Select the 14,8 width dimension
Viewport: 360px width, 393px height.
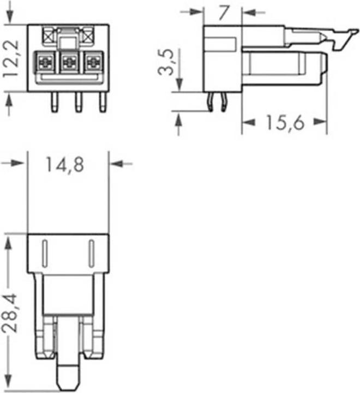[x=64, y=165]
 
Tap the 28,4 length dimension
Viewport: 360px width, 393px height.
[x=10, y=313]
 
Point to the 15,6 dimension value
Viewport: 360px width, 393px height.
[x=285, y=123]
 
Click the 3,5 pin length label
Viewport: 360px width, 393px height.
[x=166, y=62]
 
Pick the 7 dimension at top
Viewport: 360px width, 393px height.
[x=224, y=13]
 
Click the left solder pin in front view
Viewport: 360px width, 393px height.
[x=55, y=102]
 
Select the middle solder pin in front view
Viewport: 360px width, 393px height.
[x=79, y=102]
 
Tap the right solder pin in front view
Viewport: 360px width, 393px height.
[x=103, y=102]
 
